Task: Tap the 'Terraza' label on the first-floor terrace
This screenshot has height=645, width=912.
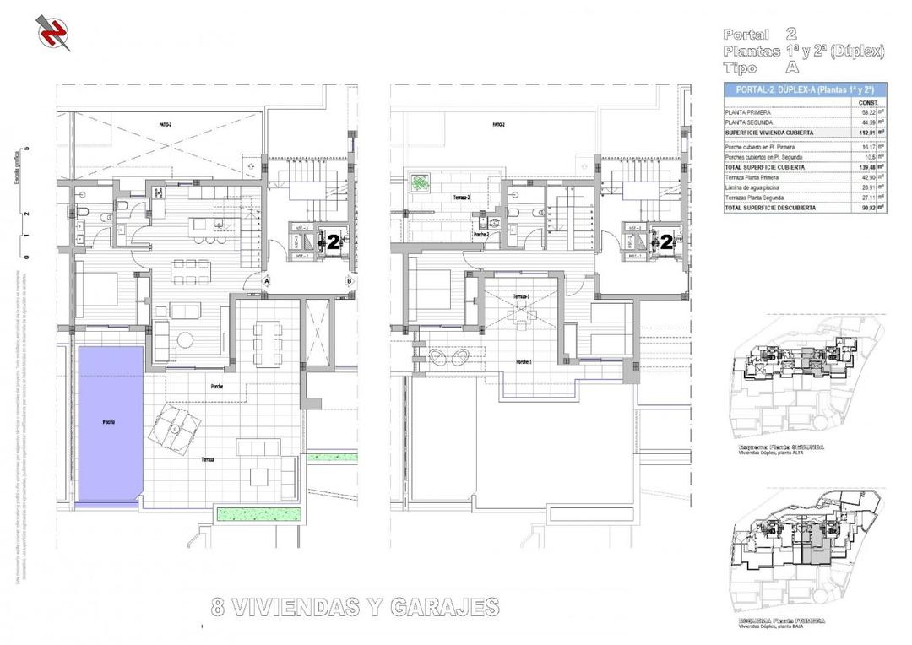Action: click(x=207, y=460)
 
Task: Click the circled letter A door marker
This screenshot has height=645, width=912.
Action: click(x=266, y=281)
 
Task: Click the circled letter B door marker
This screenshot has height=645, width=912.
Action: click(x=349, y=281)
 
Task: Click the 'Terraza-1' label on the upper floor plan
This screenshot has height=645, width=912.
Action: click(x=521, y=296)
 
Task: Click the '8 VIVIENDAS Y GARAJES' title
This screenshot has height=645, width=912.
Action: click(x=354, y=607)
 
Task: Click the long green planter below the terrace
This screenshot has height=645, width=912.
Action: click(x=258, y=512)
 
